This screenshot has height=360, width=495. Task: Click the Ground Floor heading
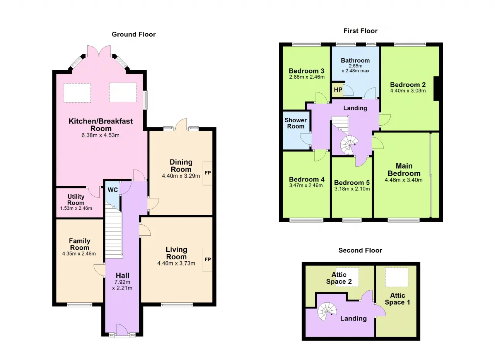click(x=133, y=34)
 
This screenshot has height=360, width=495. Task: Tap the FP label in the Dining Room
click(x=208, y=173)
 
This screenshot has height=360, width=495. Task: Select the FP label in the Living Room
click(x=208, y=259)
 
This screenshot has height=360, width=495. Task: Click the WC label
click(x=113, y=190)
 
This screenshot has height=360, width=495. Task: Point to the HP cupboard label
click(x=338, y=89)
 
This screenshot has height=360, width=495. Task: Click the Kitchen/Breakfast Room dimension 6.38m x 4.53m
click(x=101, y=135)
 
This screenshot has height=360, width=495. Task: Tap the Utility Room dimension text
click(x=76, y=208)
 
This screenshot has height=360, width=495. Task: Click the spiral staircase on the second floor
click(x=327, y=312)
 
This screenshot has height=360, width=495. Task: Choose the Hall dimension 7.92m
click(x=122, y=282)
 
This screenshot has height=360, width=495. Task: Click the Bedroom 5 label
click(x=352, y=183)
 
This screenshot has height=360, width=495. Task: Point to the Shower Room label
click(x=296, y=123)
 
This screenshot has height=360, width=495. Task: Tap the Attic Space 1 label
click(x=397, y=299)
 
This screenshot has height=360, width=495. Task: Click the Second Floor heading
click(x=360, y=250)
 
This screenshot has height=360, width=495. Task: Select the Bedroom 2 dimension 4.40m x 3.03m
click(x=408, y=91)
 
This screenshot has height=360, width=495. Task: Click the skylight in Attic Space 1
click(x=396, y=277)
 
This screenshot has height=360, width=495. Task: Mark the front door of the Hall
click(x=122, y=330)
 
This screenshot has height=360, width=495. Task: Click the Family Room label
click(x=80, y=244)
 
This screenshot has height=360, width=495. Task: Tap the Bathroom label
click(x=355, y=60)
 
